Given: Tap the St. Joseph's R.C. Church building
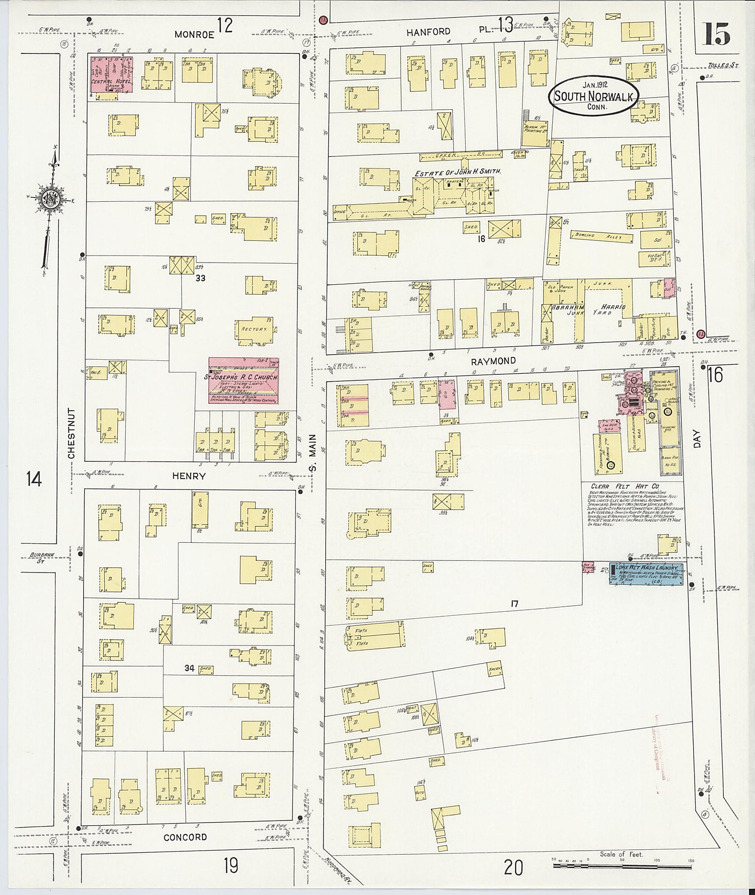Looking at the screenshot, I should [244, 380].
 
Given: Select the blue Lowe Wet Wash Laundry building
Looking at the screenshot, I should [646, 574].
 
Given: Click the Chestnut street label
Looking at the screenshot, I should [71, 433].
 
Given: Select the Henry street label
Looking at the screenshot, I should [189, 475].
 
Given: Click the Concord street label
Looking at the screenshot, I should [185, 837].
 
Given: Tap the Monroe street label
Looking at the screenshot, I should [194, 34].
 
